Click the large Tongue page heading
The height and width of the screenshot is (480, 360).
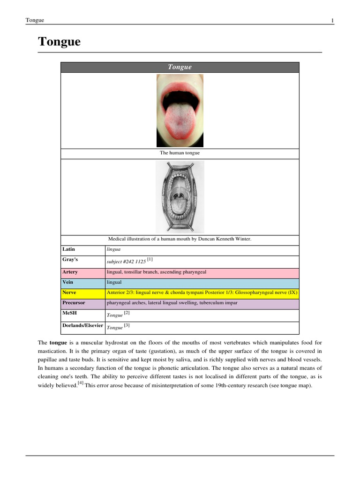pos(59,42)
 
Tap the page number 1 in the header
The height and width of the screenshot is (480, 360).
pos(332,20)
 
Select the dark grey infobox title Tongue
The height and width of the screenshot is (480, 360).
pos(180,67)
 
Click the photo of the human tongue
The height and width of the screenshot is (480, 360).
pos(180,111)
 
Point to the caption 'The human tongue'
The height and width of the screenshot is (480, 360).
pos(180,153)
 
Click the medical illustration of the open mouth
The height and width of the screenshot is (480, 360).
pos(180,197)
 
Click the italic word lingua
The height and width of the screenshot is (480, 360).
pos(113,249)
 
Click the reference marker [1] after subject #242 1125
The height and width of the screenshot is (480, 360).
pos(150,259)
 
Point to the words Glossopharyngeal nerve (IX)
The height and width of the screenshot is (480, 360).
pos(265,292)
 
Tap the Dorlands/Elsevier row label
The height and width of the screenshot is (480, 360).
pos(82,325)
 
